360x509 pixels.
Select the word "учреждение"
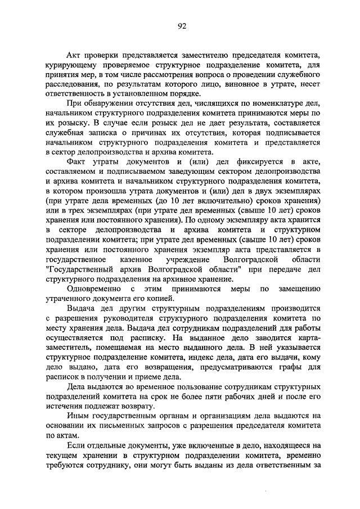[187, 260]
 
